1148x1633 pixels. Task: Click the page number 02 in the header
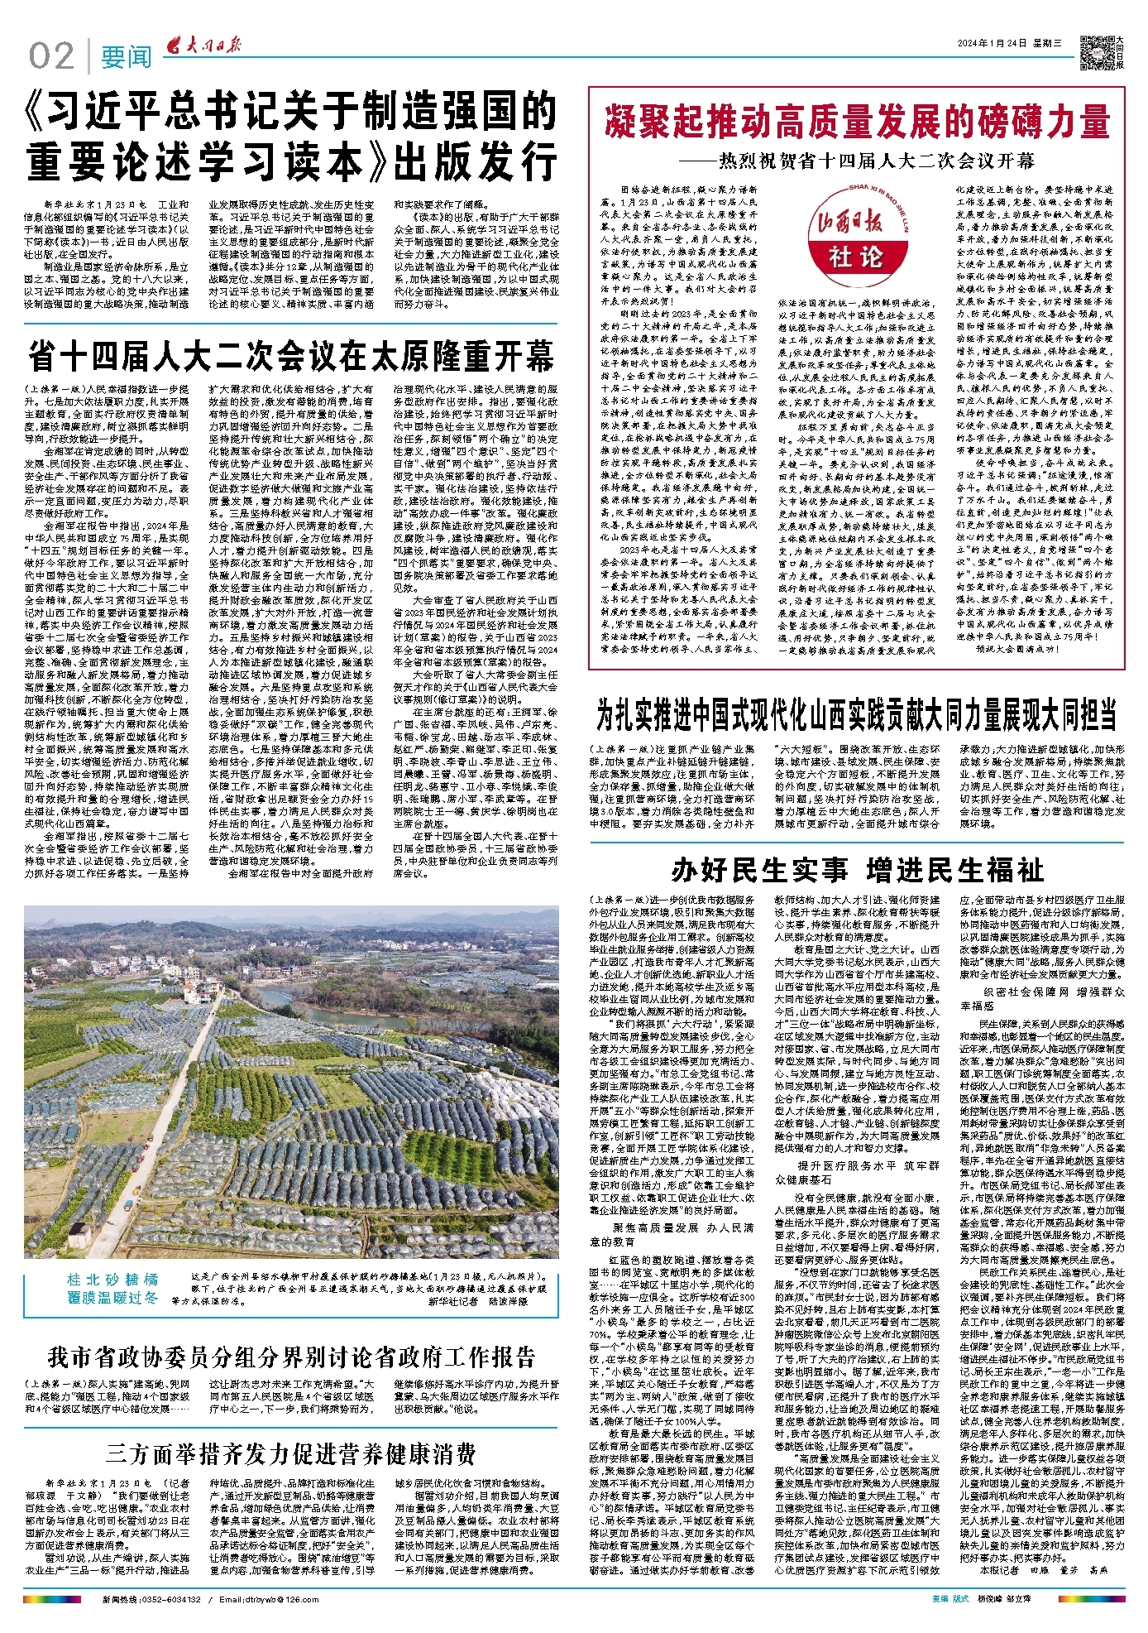coord(51,55)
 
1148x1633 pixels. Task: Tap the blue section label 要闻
coord(126,57)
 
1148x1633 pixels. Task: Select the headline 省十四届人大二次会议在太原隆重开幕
coord(290,357)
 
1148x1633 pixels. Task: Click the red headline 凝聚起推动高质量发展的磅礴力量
coord(856,121)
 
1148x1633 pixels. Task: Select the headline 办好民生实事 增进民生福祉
coord(857,871)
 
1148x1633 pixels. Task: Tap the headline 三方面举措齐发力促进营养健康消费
coord(290,1453)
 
